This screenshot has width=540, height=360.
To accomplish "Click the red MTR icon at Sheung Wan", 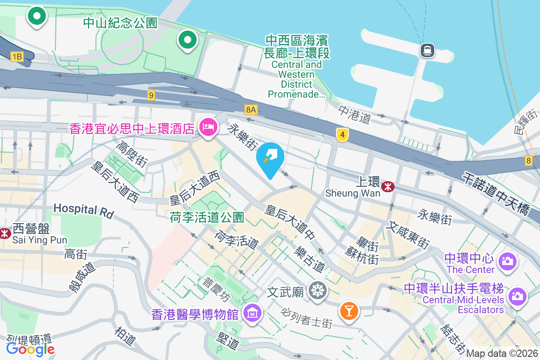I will [387, 186].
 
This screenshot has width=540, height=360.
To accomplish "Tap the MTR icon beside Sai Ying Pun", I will [5, 233].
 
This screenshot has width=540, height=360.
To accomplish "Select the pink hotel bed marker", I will [207, 127].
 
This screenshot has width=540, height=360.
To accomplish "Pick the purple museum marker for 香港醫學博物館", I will [252, 313].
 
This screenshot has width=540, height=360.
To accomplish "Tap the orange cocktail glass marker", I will [349, 310].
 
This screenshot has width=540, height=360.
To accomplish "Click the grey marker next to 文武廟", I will [318, 291].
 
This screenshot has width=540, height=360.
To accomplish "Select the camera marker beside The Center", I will [508, 261].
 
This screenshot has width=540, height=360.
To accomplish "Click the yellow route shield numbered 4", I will [343, 134].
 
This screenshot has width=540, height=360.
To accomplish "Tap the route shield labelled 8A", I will [251, 109].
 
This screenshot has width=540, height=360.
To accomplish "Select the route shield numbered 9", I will [151, 95].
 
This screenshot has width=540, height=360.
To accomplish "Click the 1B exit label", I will [17, 56].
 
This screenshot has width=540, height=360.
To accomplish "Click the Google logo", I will [30, 349].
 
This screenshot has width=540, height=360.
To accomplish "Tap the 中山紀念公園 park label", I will [120, 23].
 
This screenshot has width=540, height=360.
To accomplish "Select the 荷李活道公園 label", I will [207, 218].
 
